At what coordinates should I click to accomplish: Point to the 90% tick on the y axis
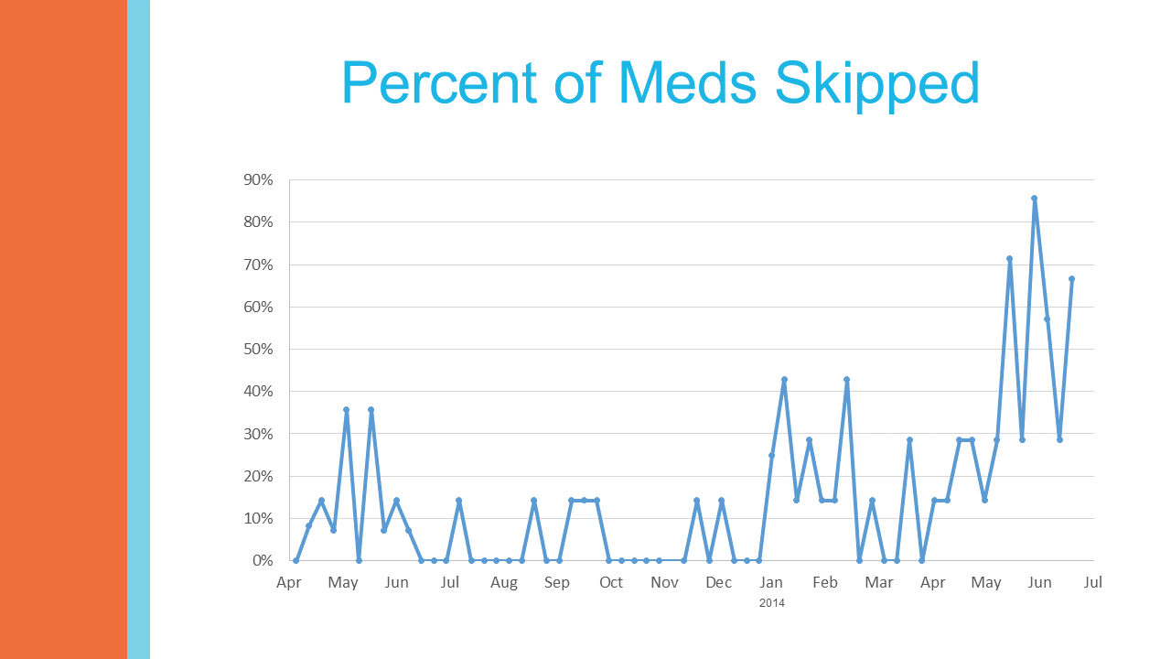258,180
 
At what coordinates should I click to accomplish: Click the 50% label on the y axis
258,350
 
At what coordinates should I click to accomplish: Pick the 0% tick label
262,560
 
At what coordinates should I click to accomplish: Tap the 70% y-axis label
258,265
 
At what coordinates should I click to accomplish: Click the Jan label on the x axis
771,583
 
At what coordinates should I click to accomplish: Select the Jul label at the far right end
1093,583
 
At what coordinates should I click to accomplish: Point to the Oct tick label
611,583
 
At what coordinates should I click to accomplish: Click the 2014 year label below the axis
771,603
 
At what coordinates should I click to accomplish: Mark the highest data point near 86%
1034,198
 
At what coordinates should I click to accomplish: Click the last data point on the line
1071,278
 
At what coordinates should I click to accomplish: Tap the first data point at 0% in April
295,560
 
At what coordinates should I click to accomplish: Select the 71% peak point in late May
1009,259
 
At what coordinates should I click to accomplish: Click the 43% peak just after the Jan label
784,379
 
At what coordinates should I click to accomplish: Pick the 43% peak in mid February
846,379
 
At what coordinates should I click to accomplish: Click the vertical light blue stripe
138,329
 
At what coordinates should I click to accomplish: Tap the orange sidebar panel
63,329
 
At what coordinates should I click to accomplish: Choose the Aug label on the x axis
503,583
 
